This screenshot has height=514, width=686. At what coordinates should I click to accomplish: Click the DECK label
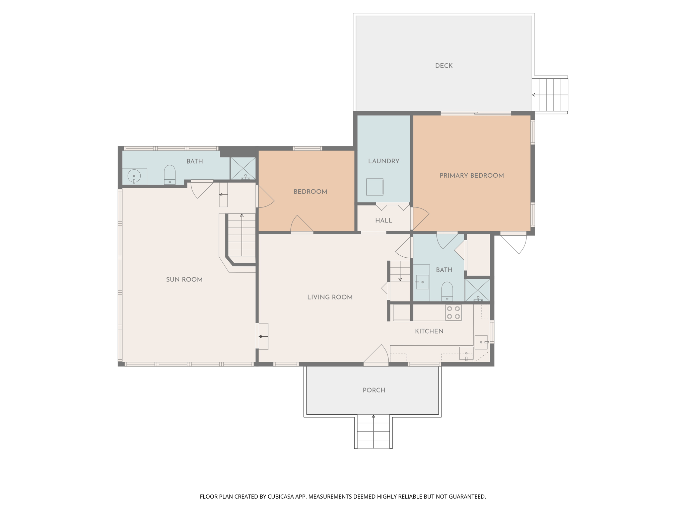click(443, 66)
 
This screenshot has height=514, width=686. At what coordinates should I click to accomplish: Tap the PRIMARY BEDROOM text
click(471, 176)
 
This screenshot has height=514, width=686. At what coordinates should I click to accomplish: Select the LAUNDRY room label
click(384, 161)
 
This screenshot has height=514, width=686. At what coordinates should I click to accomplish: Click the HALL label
click(384, 221)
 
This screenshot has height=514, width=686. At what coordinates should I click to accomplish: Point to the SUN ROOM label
click(184, 280)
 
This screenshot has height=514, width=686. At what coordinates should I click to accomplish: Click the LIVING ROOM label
click(330, 297)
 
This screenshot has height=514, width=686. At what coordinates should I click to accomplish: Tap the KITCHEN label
click(429, 331)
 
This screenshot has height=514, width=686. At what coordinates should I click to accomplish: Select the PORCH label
click(374, 390)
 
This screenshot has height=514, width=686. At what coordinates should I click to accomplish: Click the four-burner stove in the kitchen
click(453, 313)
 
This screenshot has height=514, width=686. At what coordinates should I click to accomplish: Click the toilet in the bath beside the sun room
click(169, 175)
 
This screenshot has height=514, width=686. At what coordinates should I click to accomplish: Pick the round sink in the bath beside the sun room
click(134, 176)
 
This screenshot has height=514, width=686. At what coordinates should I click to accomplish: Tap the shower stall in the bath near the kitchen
click(477, 290)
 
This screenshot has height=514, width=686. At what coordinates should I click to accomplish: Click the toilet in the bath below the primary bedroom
click(447, 291)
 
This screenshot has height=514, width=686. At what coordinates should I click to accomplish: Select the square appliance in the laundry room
click(374, 187)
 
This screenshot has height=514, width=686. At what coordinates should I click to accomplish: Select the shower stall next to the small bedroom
click(243, 168)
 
